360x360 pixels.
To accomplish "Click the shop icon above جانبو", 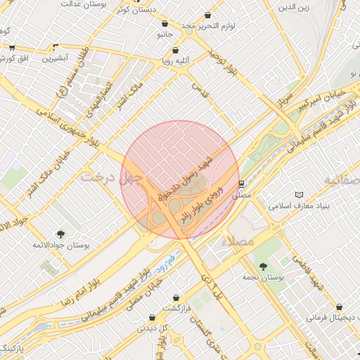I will [x=165, y=23].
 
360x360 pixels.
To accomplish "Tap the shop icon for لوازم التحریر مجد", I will [x=207, y=15].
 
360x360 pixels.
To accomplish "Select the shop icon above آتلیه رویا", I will [x=175, y=50].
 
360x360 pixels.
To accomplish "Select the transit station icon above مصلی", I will [x=241, y=184].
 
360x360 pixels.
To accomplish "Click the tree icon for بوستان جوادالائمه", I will [x=60, y=234].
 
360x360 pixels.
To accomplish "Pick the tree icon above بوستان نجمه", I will [x=263, y=266].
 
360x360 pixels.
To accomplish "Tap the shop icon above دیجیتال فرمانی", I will [x=341, y=307].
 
